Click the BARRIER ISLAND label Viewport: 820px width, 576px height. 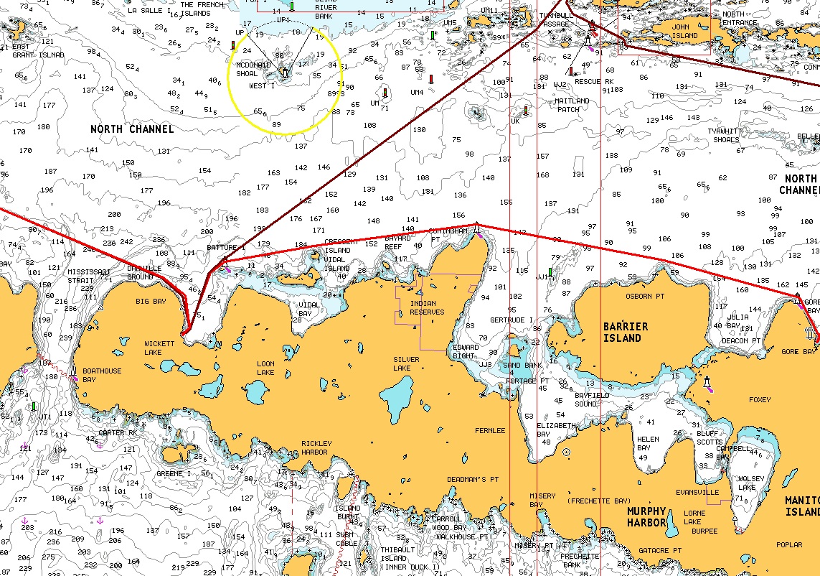click(x=625, y=332)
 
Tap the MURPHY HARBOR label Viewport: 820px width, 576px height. click(x=647, y=516)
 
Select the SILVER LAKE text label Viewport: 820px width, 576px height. click(x=406, y=363)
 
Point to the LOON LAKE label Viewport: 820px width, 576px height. click(x=265, y=368)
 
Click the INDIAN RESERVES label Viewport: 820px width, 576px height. click(x=427, y=307)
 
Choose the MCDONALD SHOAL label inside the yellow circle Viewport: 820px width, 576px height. click(x=253, y=69)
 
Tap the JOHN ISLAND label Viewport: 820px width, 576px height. click(x=684, y=31)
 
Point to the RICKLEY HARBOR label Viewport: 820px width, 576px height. click(x=314, y=447)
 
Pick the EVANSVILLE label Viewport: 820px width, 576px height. click(x=697, y=493)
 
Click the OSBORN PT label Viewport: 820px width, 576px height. click(x=644, y=296)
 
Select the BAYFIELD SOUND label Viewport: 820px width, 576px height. click(x=592, y=399)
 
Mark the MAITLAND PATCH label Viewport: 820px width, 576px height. click(x=572, y=105)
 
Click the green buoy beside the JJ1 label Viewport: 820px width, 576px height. click(x=550, y=272)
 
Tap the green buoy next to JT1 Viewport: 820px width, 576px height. click(x=33, y=407)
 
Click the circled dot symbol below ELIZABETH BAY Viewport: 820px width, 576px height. click(x=567, y=452)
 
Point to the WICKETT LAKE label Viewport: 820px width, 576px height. click(x=159, y=348)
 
